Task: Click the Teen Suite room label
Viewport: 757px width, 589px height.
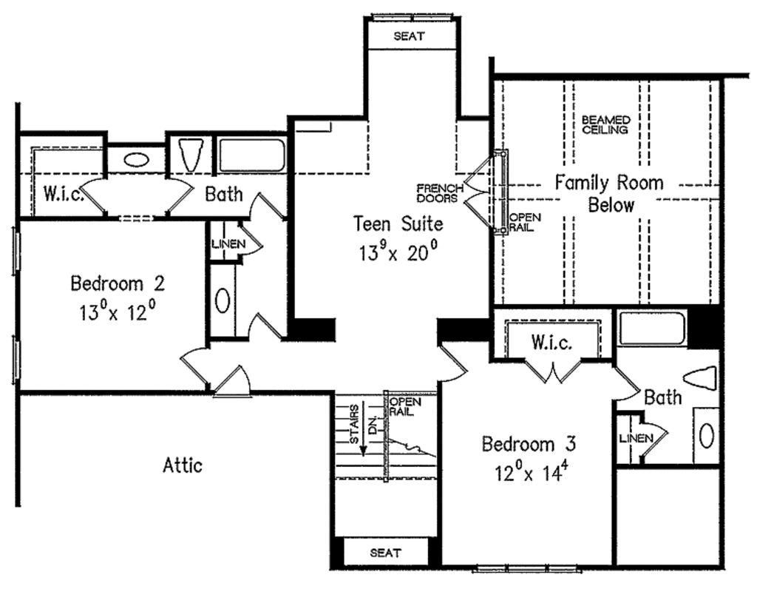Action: point(397,223)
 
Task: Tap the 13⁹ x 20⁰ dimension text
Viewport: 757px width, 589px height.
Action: point(398,253)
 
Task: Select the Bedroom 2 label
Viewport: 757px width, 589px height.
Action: point(117,283)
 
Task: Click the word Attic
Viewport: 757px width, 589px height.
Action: point(182,465)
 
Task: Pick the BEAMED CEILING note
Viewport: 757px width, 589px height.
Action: point(605,124)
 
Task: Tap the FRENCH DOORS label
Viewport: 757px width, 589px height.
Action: point(439,193)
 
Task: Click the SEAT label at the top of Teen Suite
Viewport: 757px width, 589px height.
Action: point(409,36)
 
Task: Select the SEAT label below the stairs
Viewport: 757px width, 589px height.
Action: point(385,553)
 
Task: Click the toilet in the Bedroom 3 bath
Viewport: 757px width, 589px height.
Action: point(701,377)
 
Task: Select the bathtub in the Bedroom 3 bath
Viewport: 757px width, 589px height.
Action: point(652,329)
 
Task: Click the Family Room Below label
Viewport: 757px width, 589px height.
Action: point(610,194)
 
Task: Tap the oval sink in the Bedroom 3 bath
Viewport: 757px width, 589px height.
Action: point(707,435)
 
